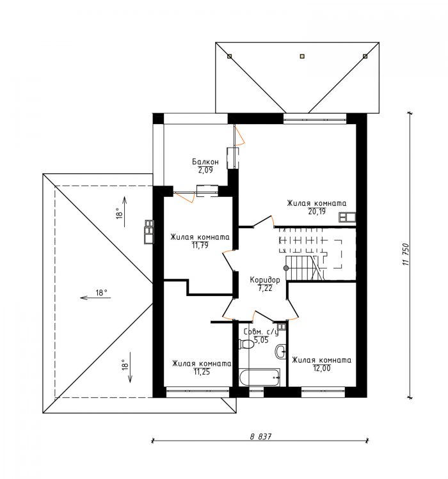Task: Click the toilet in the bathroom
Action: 246,344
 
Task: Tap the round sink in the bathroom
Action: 281,351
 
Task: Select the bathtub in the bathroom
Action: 259,377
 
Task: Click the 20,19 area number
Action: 317,212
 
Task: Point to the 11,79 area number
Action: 200,245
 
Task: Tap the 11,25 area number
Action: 202,372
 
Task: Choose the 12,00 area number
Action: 322,368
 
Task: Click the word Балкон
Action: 205,162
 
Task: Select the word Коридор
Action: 265,280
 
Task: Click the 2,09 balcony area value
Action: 205,170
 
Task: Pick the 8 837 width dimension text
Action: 260,437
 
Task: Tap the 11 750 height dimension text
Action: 406,254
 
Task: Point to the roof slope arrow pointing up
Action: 125,212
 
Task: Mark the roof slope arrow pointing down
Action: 130,367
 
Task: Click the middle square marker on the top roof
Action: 302,56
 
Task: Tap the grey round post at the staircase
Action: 286,268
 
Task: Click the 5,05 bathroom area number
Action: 261,340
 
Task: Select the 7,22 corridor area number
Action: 265,288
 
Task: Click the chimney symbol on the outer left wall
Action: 149,232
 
